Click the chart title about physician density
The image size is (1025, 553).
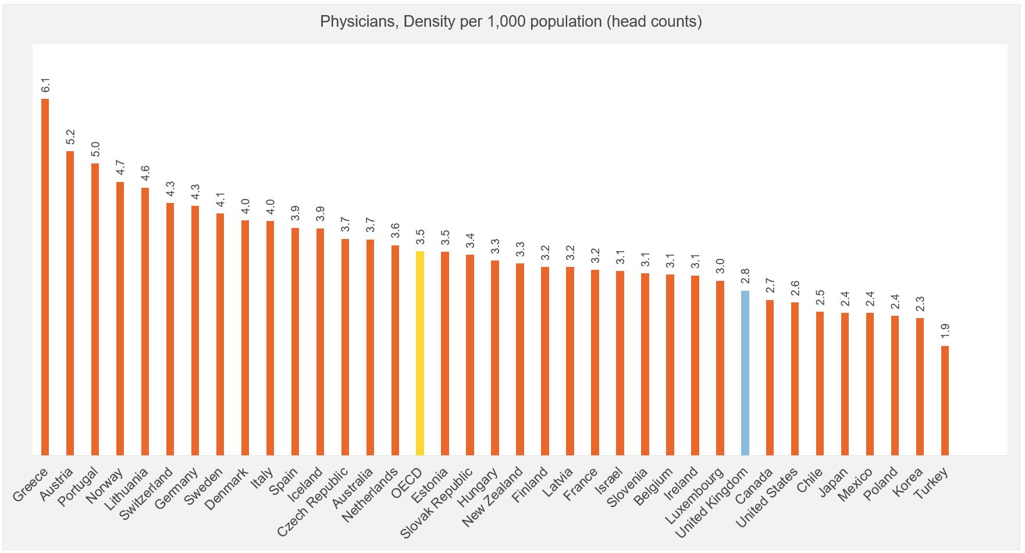511,22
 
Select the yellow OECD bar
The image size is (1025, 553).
420,352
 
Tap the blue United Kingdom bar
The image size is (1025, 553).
745,372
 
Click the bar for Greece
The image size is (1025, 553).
45,277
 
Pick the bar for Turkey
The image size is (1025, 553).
945,400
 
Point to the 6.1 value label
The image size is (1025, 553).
45,85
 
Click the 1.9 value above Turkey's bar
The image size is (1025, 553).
945,332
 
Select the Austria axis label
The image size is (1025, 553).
57,483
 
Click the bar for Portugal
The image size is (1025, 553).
95,309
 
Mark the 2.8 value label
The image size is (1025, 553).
745,277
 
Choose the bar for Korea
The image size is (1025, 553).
920,386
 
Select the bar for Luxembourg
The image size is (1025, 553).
720,368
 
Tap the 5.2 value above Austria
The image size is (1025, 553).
70,137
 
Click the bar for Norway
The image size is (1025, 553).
120,318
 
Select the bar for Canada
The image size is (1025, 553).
770,377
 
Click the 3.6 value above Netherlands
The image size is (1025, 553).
396,231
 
